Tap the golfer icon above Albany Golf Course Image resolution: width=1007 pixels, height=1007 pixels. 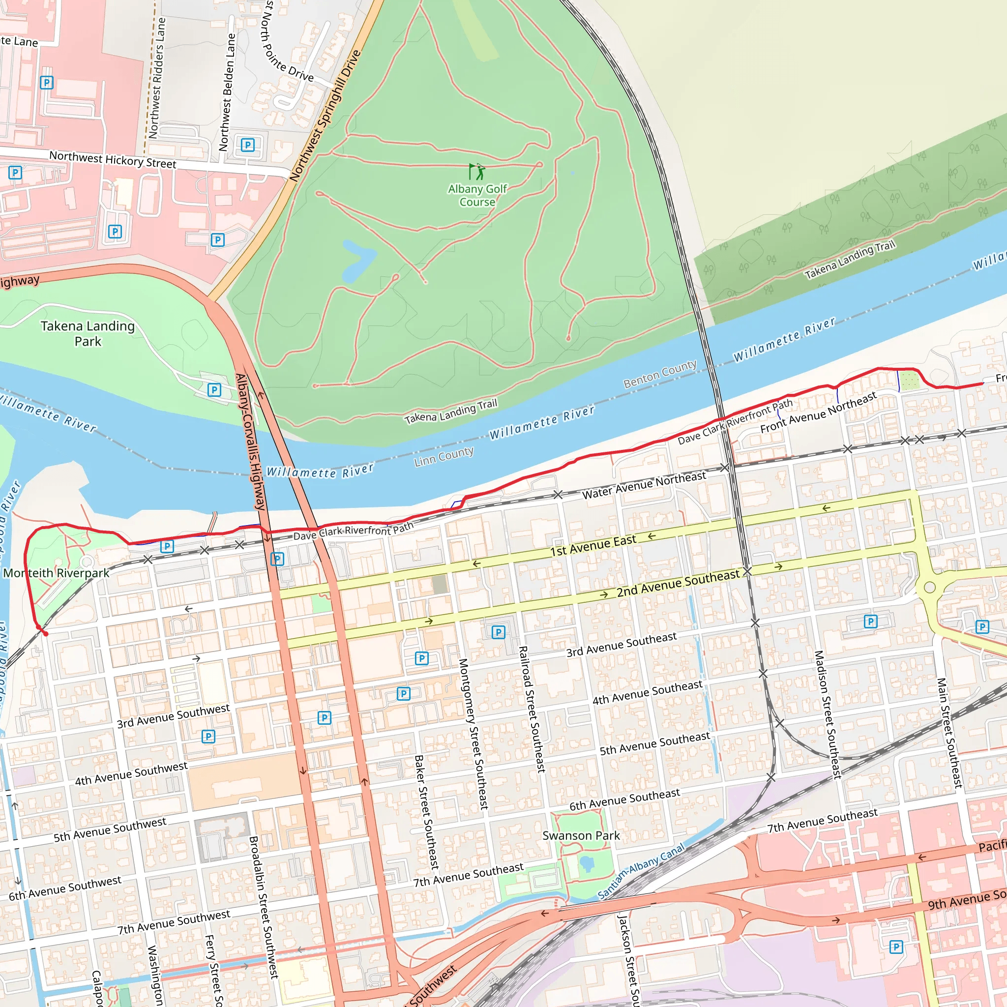(477, 172)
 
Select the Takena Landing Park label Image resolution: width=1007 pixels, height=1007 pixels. (88, 333)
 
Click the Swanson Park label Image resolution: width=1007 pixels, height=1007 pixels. (581, 835)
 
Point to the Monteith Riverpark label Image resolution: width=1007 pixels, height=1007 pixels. (56, 573)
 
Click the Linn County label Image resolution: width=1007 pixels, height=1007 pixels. (444, 457)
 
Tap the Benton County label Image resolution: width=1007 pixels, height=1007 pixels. (660, 373)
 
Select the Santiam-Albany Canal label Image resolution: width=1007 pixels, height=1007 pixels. (641, 872)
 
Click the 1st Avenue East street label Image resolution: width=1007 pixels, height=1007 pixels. (593, 545)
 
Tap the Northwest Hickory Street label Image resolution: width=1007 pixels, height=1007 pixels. (113, 159)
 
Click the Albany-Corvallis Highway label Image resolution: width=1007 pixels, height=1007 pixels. (251, 442)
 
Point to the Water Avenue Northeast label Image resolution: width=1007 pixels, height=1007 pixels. (644, 485)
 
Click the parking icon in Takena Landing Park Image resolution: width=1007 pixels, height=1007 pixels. (214, 390)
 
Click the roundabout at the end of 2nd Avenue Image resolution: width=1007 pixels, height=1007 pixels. (929, 588)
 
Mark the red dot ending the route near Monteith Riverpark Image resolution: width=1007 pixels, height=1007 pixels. (45, 634)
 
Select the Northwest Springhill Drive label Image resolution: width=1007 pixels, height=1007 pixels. (325, 116)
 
